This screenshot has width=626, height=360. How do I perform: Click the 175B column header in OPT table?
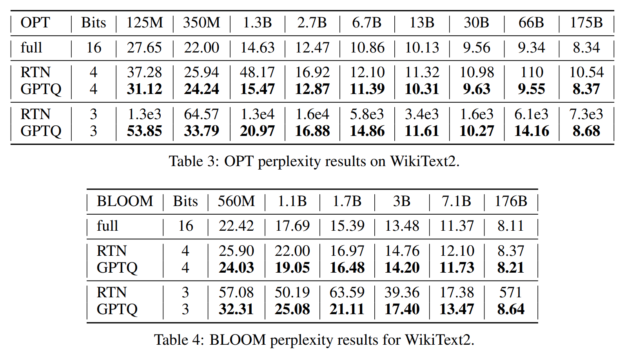coord(586,23)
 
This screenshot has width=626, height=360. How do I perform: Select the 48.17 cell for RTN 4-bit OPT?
coord(257,72)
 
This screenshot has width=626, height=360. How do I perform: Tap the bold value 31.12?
coord(144,89)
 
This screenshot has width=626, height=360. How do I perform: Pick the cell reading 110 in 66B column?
coord(532,72)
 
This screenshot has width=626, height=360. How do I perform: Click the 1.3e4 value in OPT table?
coord(257,114)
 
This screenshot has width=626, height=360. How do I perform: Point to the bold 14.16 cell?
coord(532,131)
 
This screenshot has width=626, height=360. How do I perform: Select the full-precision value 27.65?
coord(144,48)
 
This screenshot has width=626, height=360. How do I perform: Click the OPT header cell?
coord(35,23)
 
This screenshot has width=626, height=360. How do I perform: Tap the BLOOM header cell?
coord(125,201)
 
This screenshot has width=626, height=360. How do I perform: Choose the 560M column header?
coord(236,201)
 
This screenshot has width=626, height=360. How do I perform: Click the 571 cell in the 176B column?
coord(510,293)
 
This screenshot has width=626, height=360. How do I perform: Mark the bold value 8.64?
coord(510,309)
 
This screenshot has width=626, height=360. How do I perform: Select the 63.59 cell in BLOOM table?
coord(347,293)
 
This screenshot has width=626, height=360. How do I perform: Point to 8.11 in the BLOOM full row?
coord(510,226)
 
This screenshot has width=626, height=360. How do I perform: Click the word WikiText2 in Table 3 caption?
coord(424,161)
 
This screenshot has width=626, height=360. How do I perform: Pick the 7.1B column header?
coord(456,201)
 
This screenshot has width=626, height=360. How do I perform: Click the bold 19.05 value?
coord(292,268)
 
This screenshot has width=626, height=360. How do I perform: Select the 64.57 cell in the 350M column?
coord(201,114)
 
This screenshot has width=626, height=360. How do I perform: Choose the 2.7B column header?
coord(312,23)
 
